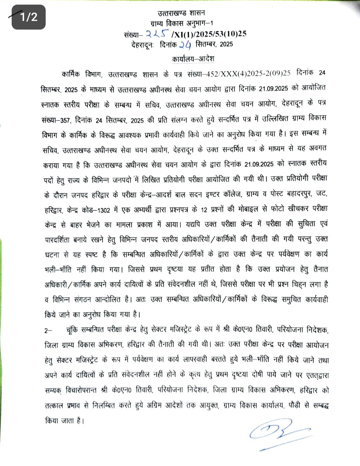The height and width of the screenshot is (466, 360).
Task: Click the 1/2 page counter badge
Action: click(28, 17)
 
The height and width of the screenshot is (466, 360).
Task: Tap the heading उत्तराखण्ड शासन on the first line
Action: click(181, 13)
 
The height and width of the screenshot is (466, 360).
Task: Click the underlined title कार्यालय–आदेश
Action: click(193, 59)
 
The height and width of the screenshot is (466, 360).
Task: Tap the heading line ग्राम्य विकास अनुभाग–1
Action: click(182, 23)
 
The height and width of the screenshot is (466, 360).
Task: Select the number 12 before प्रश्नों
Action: click(204, 210)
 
